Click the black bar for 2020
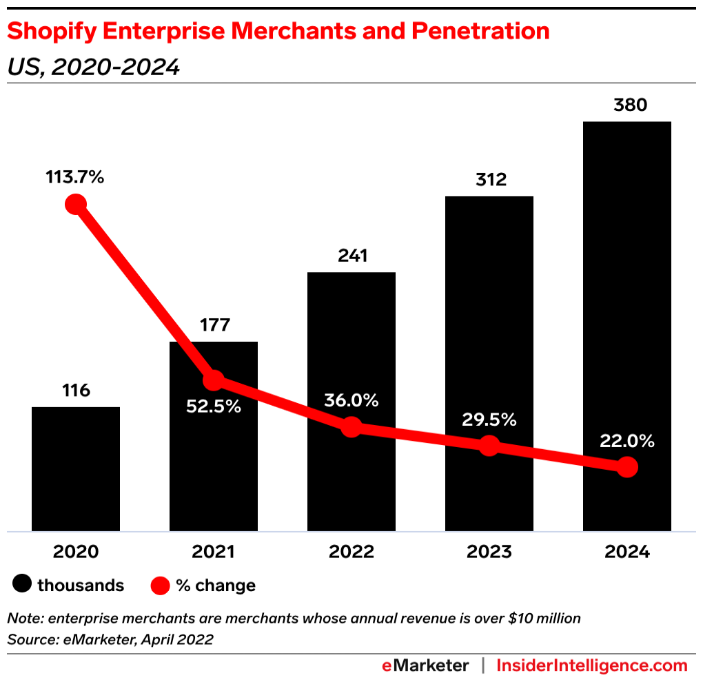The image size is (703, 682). pos(76,468)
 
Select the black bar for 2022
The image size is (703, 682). pos(351,344)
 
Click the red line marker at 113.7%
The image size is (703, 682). pos(75,205)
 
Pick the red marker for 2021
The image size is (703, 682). pos(214,380)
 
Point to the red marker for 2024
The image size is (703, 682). pos(626,467)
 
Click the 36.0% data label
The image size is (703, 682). pos(351,400)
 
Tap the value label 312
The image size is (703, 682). pos(489,180)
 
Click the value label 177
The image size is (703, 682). pos(214,325)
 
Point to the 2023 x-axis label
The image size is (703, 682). pos(489,552)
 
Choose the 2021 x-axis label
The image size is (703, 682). pos(214,552)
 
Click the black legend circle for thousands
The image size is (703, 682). pos(23,586)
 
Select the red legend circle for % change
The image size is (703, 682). pos(160,586)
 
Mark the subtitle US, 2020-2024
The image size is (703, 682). pos(93,68)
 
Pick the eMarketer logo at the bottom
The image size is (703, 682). pos(425,666)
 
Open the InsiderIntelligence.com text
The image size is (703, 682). pos(592,666)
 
